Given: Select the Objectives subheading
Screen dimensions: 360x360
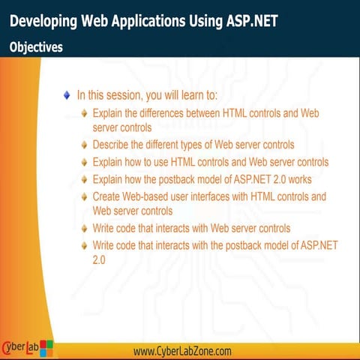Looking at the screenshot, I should tap(36, 47).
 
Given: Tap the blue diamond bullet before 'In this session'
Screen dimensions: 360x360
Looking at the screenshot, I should tap(68, 95).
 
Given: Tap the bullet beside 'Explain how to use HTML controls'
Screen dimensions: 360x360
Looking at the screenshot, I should tap(85, 162).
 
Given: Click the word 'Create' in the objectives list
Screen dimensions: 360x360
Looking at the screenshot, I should tap(108, 197).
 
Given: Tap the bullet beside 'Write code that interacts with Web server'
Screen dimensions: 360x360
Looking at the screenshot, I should tap(85, 228).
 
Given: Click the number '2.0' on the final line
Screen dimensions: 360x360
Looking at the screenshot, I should tap(99, 259).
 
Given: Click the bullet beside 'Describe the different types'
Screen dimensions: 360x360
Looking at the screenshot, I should tap(85, 144).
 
